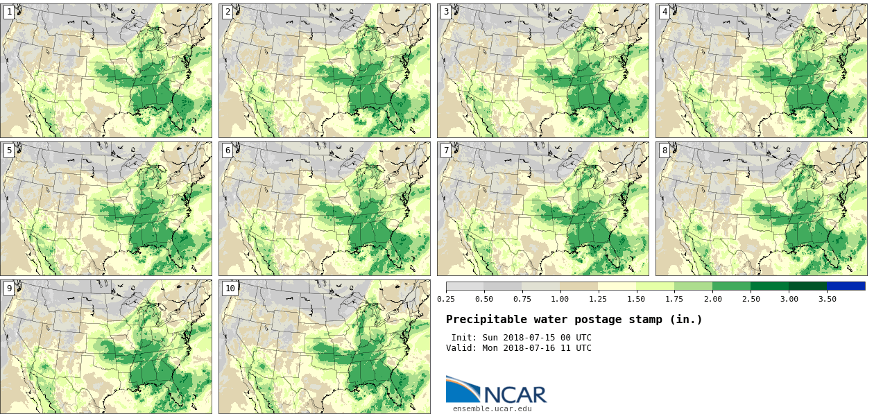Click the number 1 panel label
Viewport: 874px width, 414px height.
click(x=9, y=12)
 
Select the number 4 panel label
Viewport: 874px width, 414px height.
click(x=665, y=12)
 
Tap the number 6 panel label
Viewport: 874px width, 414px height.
click(x=228, y=150)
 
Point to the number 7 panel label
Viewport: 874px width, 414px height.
click(x=446, y=150)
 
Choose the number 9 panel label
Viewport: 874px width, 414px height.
click(x=9, y=288)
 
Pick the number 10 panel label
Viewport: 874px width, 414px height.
click(x=230, y=288)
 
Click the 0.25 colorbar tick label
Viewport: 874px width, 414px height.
click(x=446, y=299)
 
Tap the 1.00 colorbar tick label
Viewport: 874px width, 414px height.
click(x=560, y=299)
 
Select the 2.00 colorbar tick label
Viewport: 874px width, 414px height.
click(x=712, y=299)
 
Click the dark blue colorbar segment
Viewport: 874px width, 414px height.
click(x=846, y=286)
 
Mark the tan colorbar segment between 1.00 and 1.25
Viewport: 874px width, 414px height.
click(x=579, y=286)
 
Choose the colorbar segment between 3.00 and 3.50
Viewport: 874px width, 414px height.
click(x=807, y=286)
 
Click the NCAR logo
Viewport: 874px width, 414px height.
click(x=496, y=390)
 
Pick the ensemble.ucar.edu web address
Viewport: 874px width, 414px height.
click(x=492, y=408)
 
